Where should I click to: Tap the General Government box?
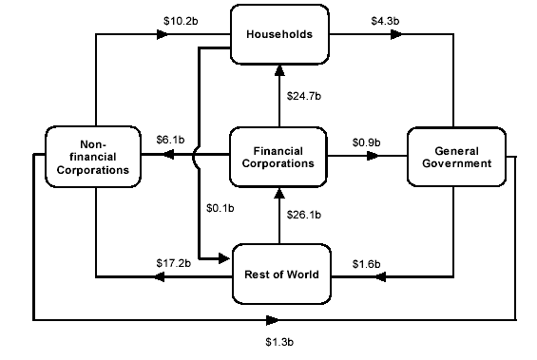[x=455, y=157]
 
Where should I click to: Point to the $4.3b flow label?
[x=385, y=18]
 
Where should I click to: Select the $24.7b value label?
[x=304, y=96]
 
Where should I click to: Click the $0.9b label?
[x=366, y=142]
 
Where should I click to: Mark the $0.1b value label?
[x=221, y=209]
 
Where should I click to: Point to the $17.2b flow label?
[x=174, y=261]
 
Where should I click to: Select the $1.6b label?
[x=366, y=262]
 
